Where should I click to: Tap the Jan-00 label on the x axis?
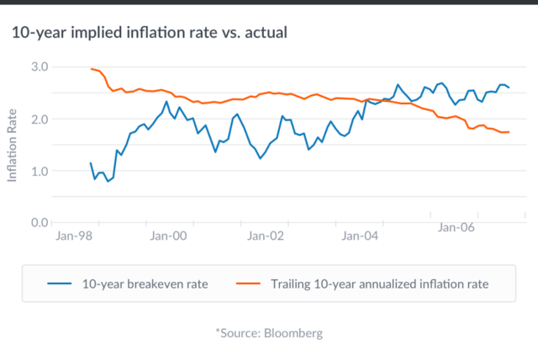tap(168, 237)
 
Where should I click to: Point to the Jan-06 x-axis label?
tap(457, 227)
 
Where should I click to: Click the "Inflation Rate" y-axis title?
tap(13, 145)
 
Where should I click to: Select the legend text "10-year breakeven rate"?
tap(145, 284)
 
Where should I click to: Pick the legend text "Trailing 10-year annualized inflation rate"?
tap(380, 284)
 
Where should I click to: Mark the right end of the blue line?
tap(509, 87)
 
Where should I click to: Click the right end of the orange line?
tap(509, 132)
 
